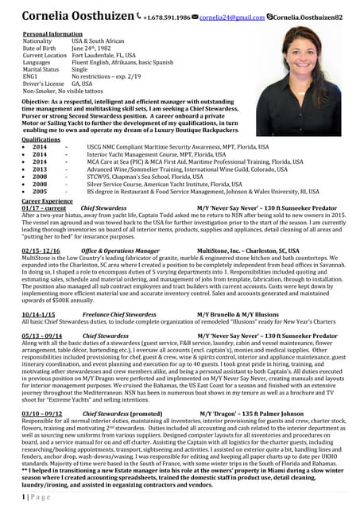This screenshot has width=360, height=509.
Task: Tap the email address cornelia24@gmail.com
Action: click(209, 17)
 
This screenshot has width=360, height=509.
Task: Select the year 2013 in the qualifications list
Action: click(39, 169)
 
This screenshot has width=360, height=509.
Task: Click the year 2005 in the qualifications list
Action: click(39, 192)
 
